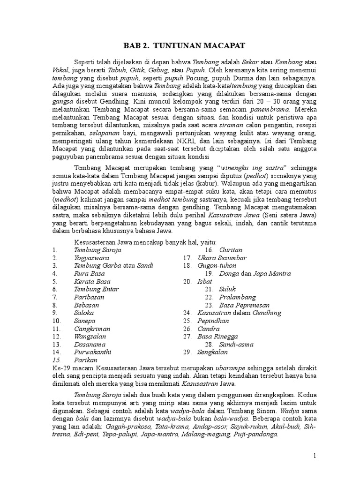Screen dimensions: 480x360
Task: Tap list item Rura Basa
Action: (89, 273)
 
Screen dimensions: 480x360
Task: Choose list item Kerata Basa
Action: (92, 281)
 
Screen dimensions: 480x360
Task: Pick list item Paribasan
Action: (89, 297)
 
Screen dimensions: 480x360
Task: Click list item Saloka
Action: (84, 313)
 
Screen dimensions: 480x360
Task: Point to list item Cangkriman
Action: (92, 328)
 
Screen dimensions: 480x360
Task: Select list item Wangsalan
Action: (90, 336)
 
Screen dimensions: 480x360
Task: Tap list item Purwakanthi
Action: (93, 352)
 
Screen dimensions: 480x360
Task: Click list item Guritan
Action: (230, 250)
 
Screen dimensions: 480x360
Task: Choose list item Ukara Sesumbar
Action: (222, 258)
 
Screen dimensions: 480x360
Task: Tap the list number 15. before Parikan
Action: (57, 360)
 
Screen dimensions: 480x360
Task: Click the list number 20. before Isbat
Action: (188, 281)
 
